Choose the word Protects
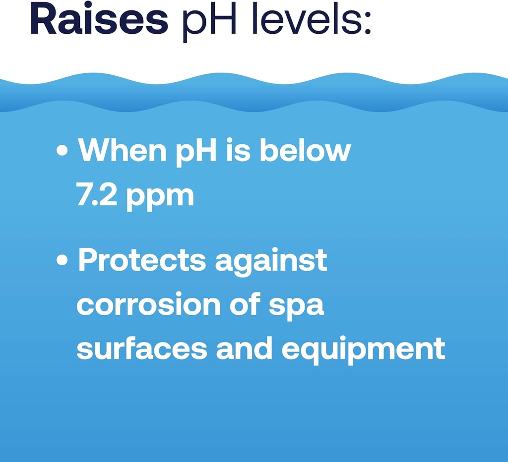pos(142,261)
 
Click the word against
pos(271,262)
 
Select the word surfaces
pos(142,349)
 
